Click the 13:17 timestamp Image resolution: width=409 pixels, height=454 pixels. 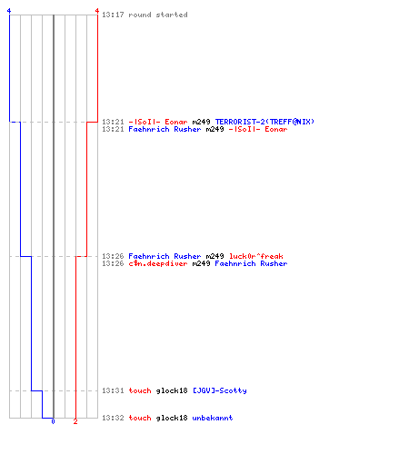[113, 15]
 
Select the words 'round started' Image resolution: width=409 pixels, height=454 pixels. [158, 15]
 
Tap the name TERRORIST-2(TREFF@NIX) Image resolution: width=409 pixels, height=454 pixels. [264, 122]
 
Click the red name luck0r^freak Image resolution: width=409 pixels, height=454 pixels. [256, 256]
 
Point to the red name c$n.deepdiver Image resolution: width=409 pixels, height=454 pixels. [158, 263]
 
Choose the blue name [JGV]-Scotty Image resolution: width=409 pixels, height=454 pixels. [220, 390]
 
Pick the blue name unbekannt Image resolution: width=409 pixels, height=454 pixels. [213, 418]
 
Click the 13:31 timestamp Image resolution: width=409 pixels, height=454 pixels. [113, 390]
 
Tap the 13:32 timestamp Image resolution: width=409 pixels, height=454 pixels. [113, 418]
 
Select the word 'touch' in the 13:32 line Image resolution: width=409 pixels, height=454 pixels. [140, 418]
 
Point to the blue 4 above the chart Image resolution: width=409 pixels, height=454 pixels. [9, 11]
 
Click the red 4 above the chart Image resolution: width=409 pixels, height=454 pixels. [97, 11]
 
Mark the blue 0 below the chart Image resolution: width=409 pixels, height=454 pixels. [53, 421]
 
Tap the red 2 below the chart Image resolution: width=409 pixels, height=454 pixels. [75, 421]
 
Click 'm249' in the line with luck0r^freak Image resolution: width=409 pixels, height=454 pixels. [214, 256]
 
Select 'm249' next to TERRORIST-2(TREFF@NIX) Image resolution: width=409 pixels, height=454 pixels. [201, 122]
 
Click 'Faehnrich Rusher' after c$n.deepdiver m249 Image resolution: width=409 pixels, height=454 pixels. [251, 263]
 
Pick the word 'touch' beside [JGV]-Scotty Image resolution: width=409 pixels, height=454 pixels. [140, 390]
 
